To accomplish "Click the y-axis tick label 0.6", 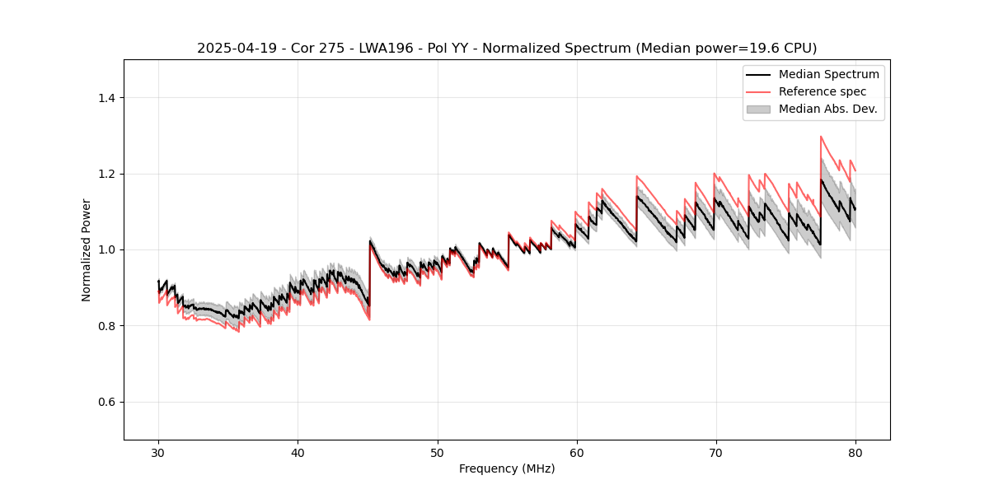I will pyautogui.click(x=106, y=402).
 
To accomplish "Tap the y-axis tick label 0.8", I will pyautogui.click(x=106, y=326).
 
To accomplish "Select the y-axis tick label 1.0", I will pyautogui.click(x=106, y=249).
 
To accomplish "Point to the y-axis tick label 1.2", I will pyautogui.click(x=106, y=174).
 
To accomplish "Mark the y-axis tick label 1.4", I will pyautogui.click(x=106, y=98).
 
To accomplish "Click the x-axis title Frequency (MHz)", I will pyautogui.click(x=507, y=468).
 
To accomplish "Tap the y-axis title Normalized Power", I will pyautogui.click(x=87, y=249).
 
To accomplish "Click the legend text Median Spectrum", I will pyautogui.click(x=828, y=74).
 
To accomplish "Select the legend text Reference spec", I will pyautogui.click(x=823, y=91).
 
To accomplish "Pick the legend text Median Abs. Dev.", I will pyautogui.click(x=827, y=109).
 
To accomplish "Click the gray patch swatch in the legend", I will pyautogui.click(x=758, y=109).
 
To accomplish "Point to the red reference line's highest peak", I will pyautogui.click(x=821, y=137).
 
